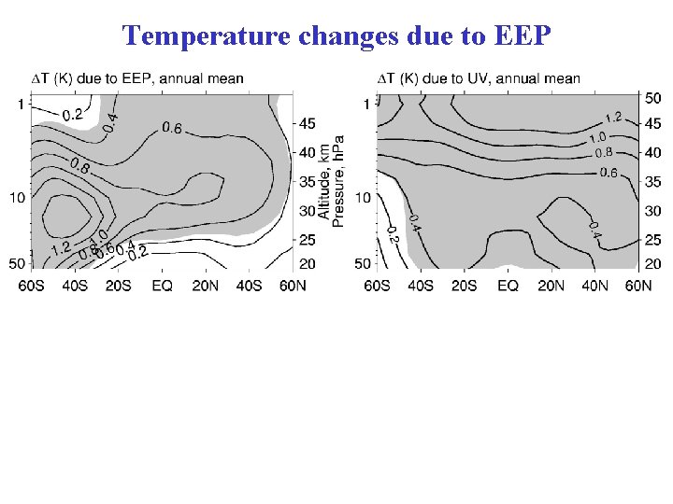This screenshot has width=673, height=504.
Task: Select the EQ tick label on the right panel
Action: click(x=507, y=286)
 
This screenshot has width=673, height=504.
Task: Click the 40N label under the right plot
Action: click(x=594, y=286)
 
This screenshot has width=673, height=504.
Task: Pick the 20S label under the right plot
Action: click(x=464, y=286)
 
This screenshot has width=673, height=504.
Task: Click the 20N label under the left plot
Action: click(x=206, y=286)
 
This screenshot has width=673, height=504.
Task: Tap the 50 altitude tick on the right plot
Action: click(x=653, y=97)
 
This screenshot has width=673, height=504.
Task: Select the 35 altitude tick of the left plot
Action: click(x=307, y=181)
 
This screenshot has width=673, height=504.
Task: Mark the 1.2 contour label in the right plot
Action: click(x=612, y=118)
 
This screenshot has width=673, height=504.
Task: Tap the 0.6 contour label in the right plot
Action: click(x=608, y=172)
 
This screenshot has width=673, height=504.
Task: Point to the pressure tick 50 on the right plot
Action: click(x=365, y=265)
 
